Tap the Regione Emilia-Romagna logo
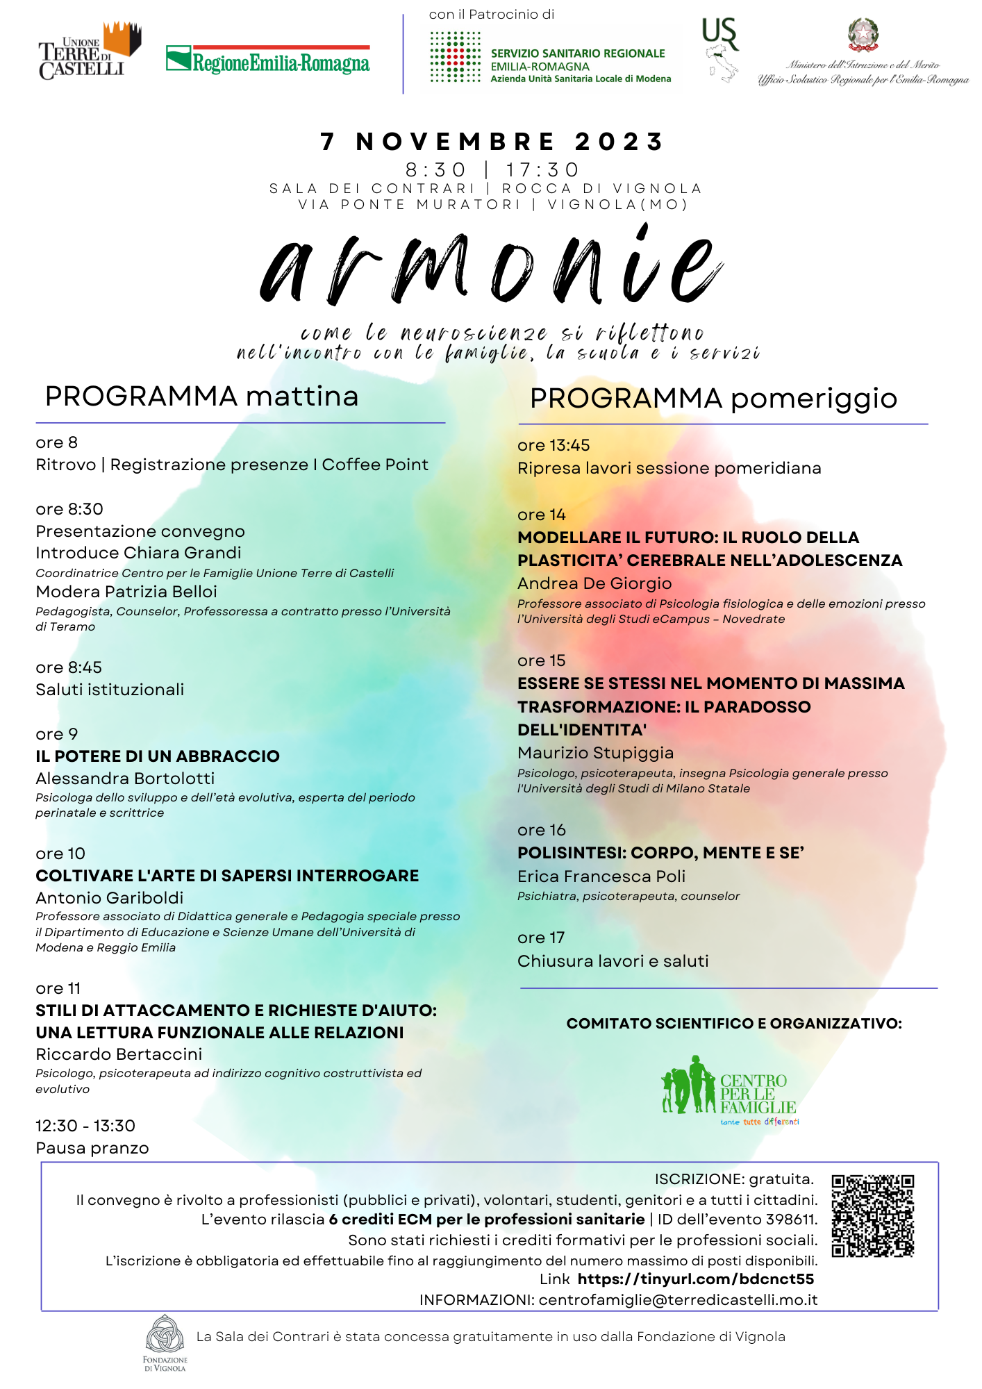[x=268, y=60]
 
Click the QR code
[x=872, y=1215]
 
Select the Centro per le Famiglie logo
[x=729, y=1089]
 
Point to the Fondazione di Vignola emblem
[x=165, y=1333]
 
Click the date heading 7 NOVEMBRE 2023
[x=492, y=142]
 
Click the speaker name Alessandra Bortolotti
[x=125, y=778]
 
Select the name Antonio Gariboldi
[x=110, y=897]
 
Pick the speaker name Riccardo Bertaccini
[x=119, y=1054]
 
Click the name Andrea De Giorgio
[x=594, y=583]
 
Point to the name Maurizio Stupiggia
[x=595, y=753]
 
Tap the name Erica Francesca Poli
[x=601, y=876]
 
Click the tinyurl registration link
[x=695, y=1279]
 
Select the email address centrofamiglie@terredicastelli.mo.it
[x=678, y=1299]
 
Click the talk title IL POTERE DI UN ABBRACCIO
[x=158, y=756]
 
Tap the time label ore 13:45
[x=554, y=445]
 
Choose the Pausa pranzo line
[x=92, y=1148]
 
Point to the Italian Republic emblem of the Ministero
[x=863, y=35]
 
